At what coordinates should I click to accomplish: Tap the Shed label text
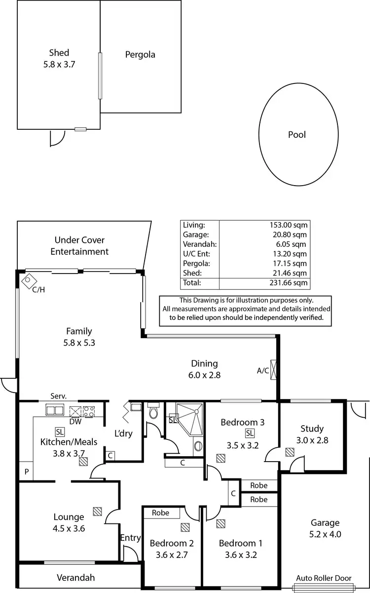coord(59,53)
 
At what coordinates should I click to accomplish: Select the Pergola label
coord(140,54)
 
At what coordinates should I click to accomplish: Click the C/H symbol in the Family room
coord(28,280)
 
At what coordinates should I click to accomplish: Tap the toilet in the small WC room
coord(153,411)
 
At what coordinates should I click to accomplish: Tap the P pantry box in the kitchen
coord(26,472)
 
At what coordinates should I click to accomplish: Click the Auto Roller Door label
coord(323,578)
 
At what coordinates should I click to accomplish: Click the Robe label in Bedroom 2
coord(160,513)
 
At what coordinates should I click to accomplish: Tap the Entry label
coord(131,538)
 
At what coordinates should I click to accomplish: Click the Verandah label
coord(75,577)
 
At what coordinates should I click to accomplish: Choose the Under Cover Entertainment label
coord(81,246)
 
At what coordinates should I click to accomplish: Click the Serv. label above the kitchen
coord(58,396)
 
